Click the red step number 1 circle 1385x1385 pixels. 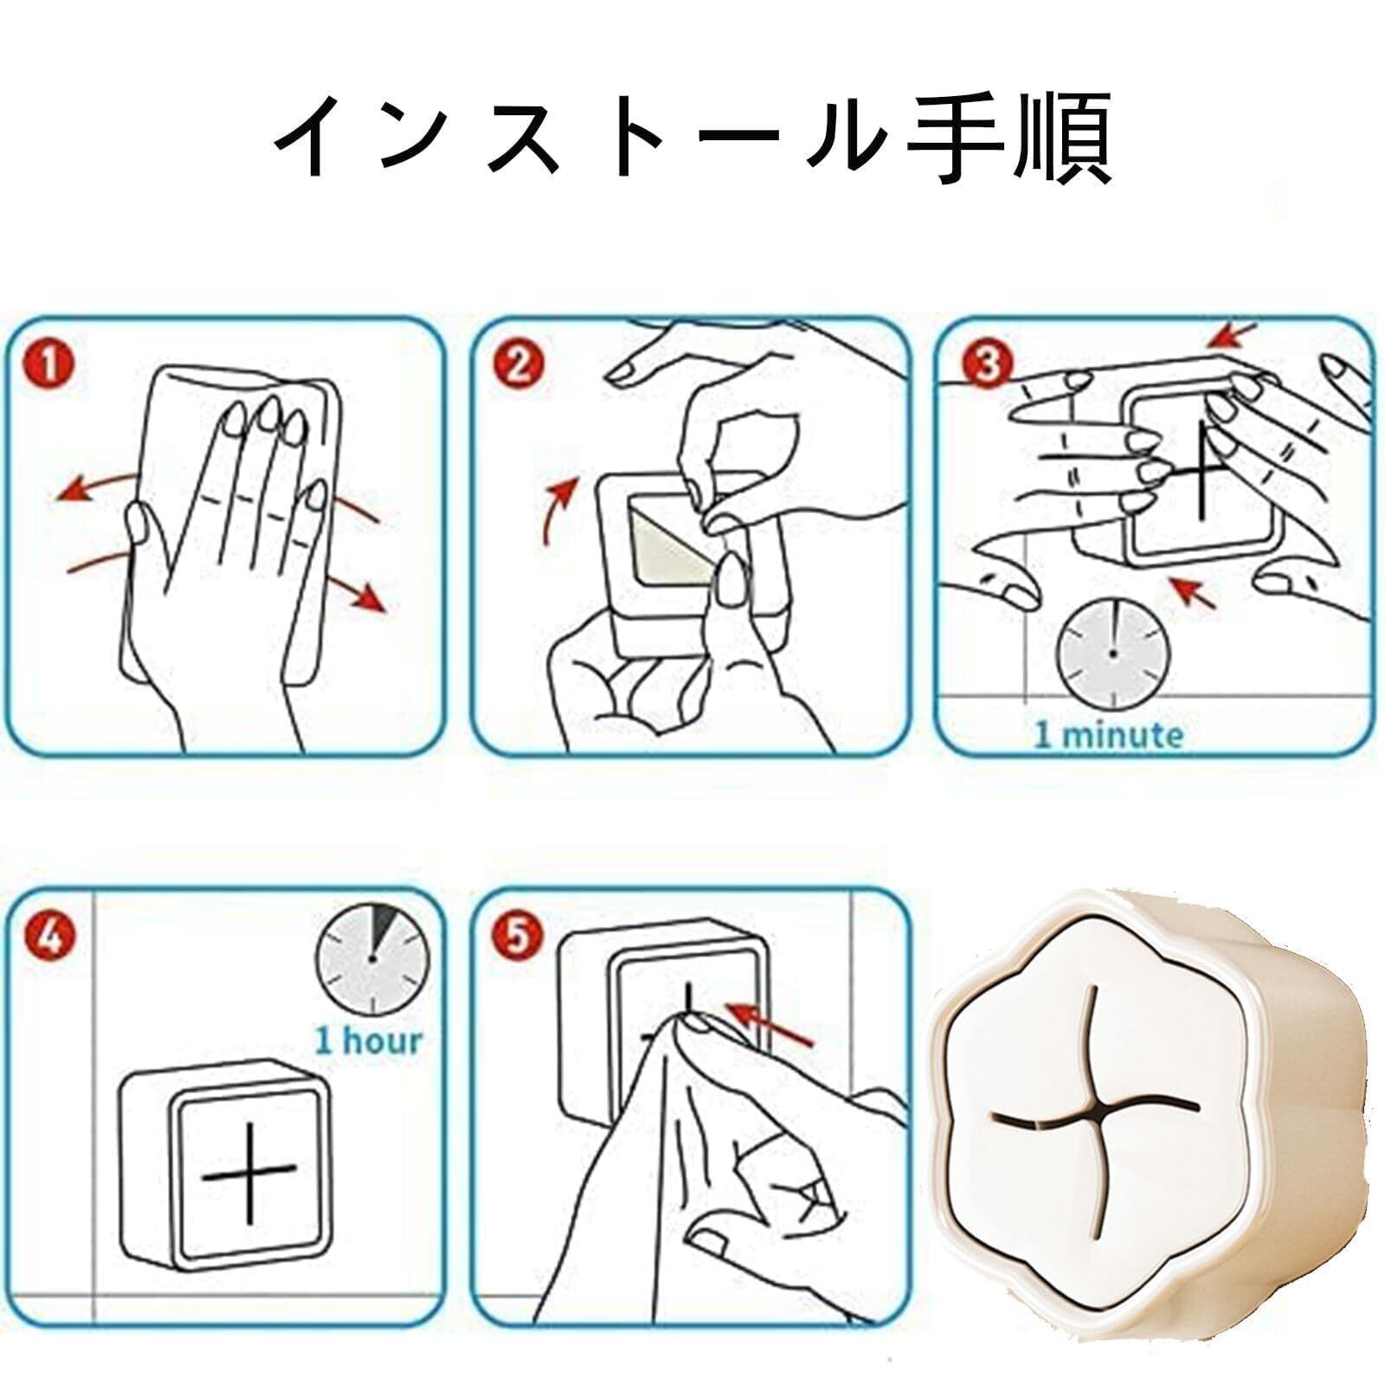pos(50,364)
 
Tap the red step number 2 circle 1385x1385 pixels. pos(516,364)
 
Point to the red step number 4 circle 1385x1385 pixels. pos(50,936)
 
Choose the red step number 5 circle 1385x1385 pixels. pos(516,936)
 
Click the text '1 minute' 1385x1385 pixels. pos(1109,736)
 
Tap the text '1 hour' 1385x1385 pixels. pos(369,1040)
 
